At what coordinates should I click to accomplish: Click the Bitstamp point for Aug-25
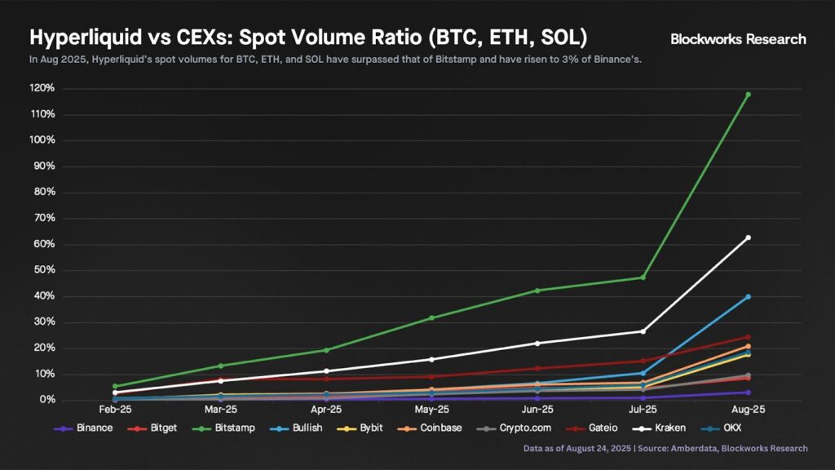[x=748, y=95]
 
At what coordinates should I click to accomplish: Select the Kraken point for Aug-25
[x=748, y=237]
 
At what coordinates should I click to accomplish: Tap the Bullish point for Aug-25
[x=748, y=297]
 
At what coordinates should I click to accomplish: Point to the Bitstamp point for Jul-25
[x=643, y=277]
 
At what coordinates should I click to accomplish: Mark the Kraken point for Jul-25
[x=643, y=331]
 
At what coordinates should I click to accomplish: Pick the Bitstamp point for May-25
[x=431, y=317]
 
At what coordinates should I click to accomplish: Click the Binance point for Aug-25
[x=748, y=392]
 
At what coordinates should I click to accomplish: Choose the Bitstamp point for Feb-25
[x=115, y=386]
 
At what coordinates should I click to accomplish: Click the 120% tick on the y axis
[x=43, y=88]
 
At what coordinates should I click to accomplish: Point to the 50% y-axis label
[x=43, y=270]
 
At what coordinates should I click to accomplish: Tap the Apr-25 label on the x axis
[x=326, y=409]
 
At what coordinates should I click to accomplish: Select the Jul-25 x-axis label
[x=643, y=409]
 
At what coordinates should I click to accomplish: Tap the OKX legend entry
[x=744, y=428]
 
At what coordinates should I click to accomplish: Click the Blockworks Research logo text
[x=738, y=39]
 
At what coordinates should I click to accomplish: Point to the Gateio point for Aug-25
[x=748, y=337]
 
